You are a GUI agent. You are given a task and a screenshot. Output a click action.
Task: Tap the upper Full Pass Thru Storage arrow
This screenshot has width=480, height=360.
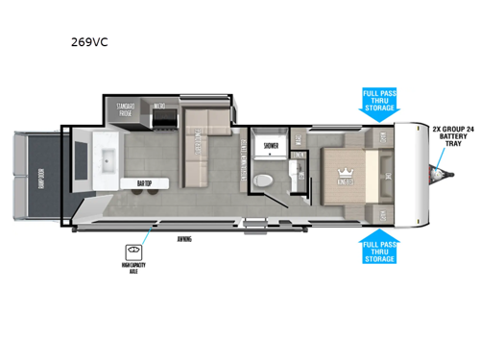click(379, 104)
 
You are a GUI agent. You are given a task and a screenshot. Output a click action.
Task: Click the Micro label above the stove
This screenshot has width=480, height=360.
click(161, 106)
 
